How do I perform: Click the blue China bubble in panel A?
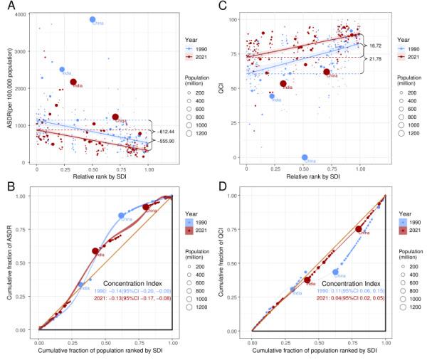tap(92, 19)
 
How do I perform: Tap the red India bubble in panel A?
tap(74, 82)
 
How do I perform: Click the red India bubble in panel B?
tap(96, 250)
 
